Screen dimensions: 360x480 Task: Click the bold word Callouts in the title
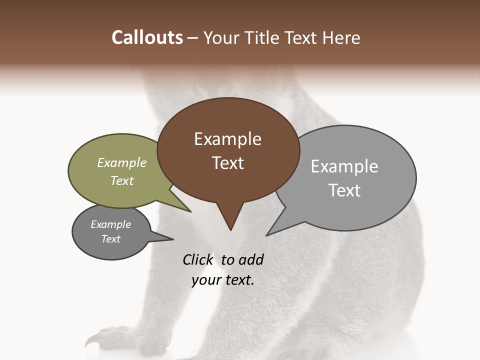point(147,37)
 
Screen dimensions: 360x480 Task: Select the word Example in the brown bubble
point(227,139)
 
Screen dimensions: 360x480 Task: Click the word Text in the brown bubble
point(227,163)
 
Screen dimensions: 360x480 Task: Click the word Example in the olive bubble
point(122,162)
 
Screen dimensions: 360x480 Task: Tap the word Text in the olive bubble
point(122,180)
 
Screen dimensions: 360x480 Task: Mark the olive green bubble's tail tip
point(190,211)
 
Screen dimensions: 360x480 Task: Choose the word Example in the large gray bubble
point(344,166)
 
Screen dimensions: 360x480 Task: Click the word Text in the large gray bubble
point(344,190)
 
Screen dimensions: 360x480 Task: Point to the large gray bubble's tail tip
point(267,234)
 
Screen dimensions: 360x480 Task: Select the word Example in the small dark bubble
point(110,224)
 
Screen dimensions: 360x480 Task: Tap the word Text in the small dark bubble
point(110,239)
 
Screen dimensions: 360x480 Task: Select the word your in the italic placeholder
point(205,280)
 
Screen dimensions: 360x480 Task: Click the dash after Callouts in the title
point(193,38)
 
